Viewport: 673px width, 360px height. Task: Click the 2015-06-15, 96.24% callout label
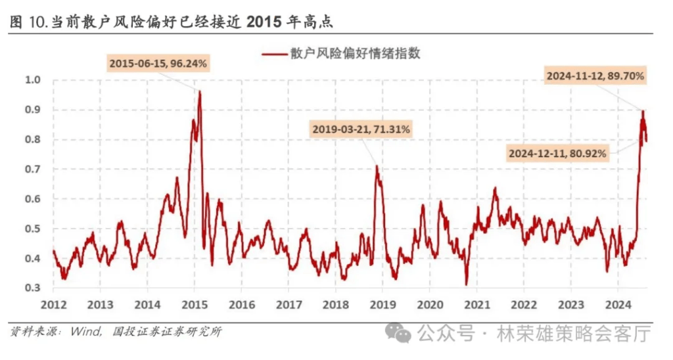(x=158, y=64)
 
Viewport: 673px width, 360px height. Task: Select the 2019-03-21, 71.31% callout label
(x=361, y=129)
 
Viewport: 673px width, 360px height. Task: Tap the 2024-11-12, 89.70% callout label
(x=596, y=76)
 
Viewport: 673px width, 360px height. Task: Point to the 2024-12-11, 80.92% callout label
(x=558, y=154)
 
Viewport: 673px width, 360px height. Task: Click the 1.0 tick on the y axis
(x=33, y=79)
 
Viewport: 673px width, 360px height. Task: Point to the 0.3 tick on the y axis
(x=33, y=288)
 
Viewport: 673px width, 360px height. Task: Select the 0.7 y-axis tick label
(x=33, y=169)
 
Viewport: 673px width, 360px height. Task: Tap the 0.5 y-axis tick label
(x=33, y=229)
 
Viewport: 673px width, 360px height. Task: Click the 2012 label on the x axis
(x=53, y=305)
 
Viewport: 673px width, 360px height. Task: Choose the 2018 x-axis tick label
(x=335, y=305)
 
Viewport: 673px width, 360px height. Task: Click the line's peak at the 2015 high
(x=199, y=91)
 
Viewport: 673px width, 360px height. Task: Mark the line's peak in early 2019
(x=377, y=166)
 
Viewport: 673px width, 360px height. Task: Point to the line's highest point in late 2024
(x=643, y=110)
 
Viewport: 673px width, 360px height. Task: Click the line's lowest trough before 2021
(x=466, y=284)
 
